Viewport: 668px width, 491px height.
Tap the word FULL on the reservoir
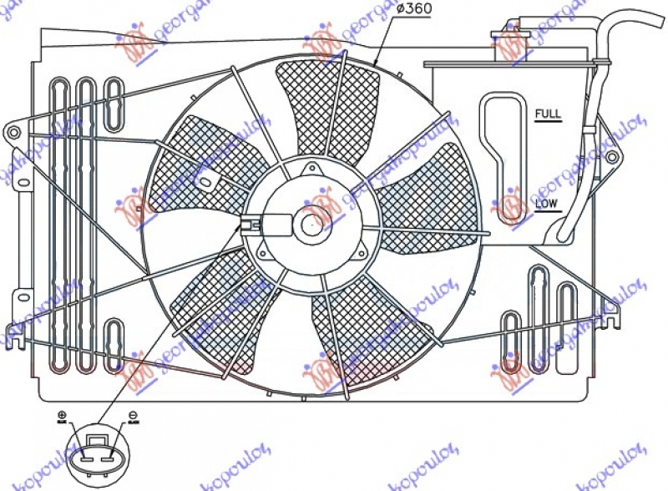click(x=548, y=113)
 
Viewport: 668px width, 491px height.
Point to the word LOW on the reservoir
click(x=548, y=204)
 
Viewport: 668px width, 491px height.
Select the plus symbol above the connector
click(x=61, y=415)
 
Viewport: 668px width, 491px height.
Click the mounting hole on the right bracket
click(x=612, y=157)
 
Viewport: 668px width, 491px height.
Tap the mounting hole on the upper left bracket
click(x=12, y=132)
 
